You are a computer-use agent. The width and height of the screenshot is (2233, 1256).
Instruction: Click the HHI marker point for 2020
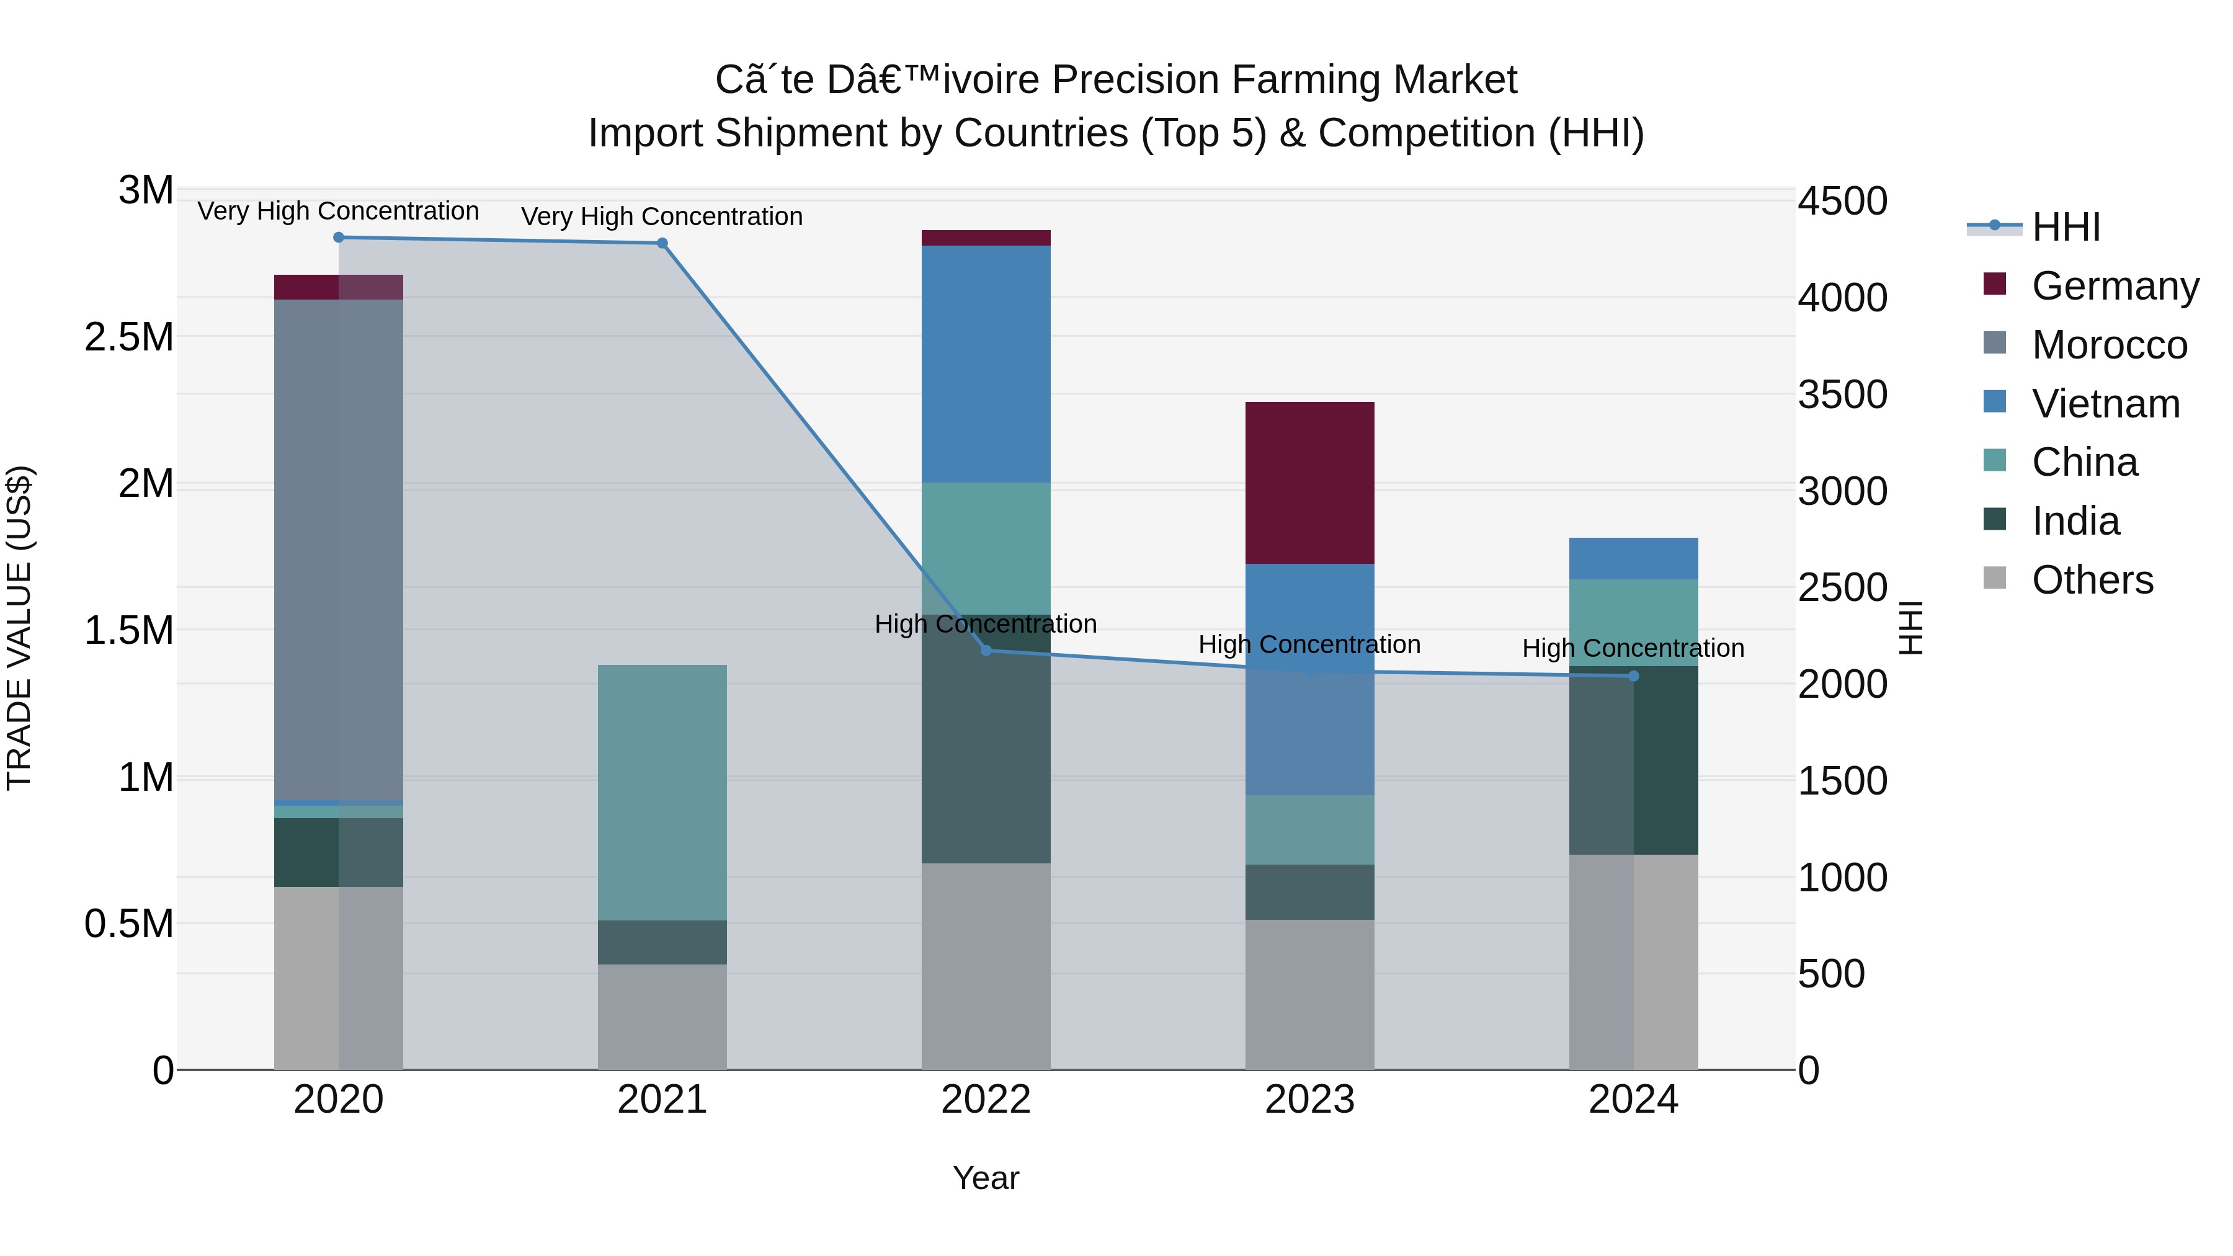(339, 238)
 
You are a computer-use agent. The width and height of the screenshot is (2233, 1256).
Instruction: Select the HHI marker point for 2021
(662, 244)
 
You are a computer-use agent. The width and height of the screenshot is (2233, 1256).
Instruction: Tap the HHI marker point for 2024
(1633, 676)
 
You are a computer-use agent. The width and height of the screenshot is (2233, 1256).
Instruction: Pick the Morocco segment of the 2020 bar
(338, 550)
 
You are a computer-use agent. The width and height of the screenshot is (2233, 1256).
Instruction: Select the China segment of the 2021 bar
(662, 792)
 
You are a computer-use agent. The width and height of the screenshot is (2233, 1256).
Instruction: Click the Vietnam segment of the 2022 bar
(986, 364)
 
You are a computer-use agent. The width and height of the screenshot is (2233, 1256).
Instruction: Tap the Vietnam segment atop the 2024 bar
(1633, 558)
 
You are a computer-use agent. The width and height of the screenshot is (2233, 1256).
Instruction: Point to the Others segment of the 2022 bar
(986, 966)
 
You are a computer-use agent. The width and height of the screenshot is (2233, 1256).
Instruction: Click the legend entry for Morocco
(2108, 345)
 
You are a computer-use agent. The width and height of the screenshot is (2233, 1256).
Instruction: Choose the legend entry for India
(2075, 521)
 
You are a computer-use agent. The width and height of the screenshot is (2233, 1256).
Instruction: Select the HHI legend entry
(2065, 227)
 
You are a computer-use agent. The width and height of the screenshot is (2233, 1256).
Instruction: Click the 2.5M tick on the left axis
(129, 337)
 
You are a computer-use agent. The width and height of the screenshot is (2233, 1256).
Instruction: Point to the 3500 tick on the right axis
(1842, 395)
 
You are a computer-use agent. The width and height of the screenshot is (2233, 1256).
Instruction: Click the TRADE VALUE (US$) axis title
(20, 628)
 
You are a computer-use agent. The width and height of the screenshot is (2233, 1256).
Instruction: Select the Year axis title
(986, 1178)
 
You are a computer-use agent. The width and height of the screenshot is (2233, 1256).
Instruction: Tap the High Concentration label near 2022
(986, 624)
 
